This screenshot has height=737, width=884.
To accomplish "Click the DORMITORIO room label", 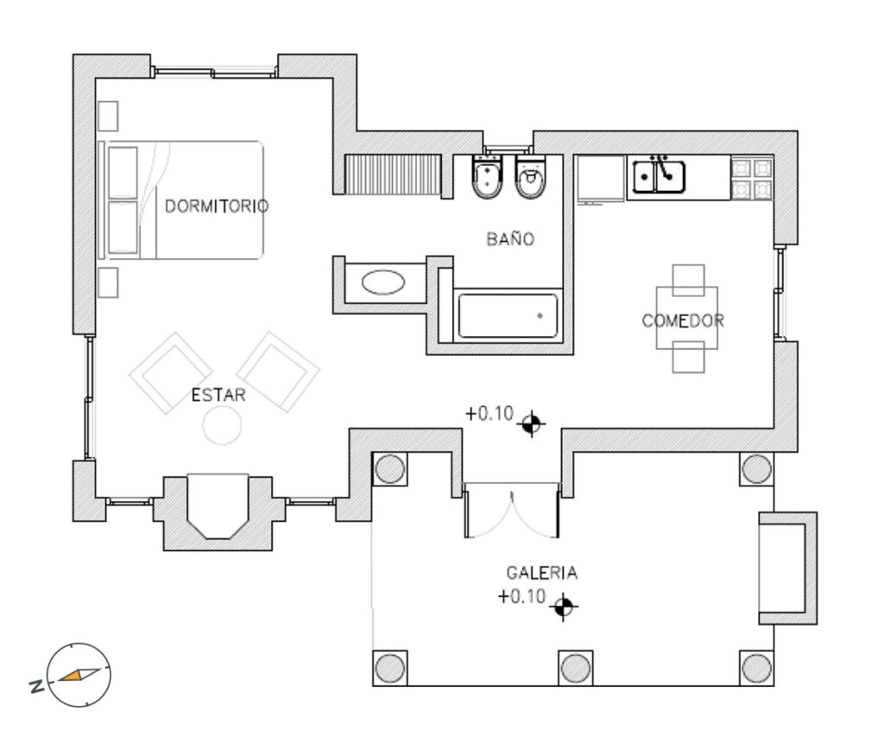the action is pos(217,206).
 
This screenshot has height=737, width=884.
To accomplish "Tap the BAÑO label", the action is pos(510,238).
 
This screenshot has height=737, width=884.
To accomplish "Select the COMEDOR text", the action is pos(683,321).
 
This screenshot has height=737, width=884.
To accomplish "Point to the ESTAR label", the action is pos(218,395).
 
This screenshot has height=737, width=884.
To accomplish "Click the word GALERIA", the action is pos(542,573).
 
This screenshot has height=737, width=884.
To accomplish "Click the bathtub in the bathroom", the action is pos(508,315).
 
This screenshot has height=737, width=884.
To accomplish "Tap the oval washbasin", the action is pos(383,283).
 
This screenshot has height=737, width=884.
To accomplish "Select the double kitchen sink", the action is pos(659,176).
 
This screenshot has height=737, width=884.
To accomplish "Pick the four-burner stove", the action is pos(752,178).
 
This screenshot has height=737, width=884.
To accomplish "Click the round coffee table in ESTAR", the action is pos(222,425).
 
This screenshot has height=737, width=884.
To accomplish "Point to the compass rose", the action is pos(79,675).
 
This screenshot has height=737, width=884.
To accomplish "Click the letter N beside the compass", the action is pos(36,686).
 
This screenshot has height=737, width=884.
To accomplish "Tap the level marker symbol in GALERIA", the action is pos(563,607).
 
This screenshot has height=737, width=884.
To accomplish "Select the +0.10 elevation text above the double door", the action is pos(489,414).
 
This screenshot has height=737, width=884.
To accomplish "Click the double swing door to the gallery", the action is pos(511,510).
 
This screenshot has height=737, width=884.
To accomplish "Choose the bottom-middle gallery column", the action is pos(575,668).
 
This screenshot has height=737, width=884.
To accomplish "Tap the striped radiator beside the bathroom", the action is pos(393,175).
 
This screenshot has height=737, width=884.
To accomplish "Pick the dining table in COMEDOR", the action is pos(686,318).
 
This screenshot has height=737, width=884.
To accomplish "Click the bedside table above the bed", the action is pos(108,117).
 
